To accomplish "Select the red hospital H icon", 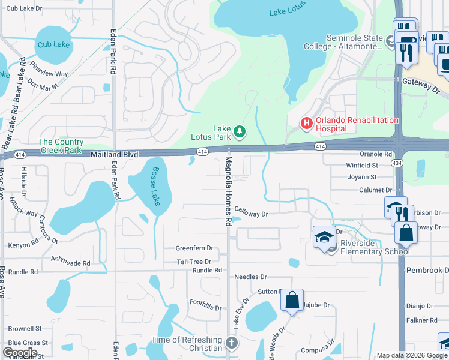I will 306,124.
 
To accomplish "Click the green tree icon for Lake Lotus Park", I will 239,131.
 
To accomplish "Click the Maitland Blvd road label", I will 114,155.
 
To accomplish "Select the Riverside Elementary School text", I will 375,247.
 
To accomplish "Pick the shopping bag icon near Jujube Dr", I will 292,299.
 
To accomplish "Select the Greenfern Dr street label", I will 194,248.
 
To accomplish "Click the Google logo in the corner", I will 20,353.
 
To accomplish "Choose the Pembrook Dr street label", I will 427,270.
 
